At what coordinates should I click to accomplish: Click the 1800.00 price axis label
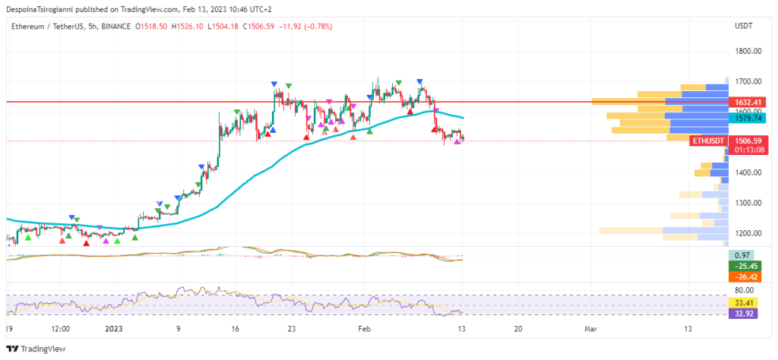point(748,51)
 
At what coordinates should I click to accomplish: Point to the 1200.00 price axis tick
point(748,233)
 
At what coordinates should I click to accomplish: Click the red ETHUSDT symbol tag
point(708,141)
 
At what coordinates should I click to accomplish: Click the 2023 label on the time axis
point(113,329)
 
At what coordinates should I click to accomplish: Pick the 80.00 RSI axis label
point(745,290)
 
